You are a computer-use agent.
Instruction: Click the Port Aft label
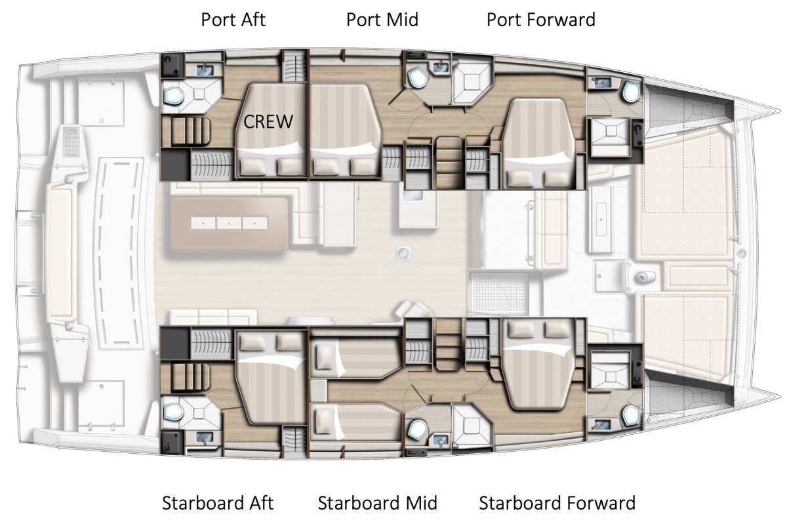[x=233, y=20]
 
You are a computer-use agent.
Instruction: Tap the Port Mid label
[x=382, y=20]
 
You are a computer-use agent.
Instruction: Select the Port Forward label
[x=540, y=20]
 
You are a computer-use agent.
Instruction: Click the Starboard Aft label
[x=218, y=503]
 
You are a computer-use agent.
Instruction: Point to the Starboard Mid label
[x=377, y=503]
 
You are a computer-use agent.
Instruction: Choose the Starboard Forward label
[x=557, y=503]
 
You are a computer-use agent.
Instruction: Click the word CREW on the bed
[x=268, y=122]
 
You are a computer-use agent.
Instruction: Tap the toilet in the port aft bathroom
[x=174, y=96]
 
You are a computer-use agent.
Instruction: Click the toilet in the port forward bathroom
[x=631, y=91]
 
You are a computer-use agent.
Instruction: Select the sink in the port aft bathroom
[x=204, y=70]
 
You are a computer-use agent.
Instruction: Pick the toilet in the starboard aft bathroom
[x=174, y=412]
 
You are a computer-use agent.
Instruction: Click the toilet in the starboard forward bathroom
[x=631, y=416]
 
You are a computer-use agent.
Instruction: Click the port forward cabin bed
[x=538, y=144]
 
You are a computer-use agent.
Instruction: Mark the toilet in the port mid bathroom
[x=417, y=78]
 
